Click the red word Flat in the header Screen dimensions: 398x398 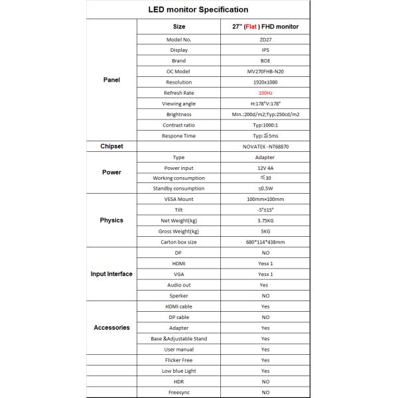252,27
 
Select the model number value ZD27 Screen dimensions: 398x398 265,39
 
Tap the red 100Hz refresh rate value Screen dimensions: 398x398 265,93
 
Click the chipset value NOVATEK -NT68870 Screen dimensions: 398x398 265,147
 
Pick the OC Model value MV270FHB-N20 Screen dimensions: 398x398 265,72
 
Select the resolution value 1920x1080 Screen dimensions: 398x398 265,82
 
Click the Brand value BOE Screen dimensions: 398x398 265,61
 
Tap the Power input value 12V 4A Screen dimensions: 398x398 265,168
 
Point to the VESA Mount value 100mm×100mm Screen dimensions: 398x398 265,199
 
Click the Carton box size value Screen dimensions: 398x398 265,241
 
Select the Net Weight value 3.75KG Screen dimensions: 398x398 265,220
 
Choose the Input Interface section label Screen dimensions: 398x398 111,274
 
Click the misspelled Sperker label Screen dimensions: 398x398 179,295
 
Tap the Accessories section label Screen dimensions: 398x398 111,328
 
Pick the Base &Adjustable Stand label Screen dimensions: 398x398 179,338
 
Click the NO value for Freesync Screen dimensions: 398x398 265,392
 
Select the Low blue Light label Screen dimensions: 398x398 179,371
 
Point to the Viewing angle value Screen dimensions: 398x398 265,103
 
